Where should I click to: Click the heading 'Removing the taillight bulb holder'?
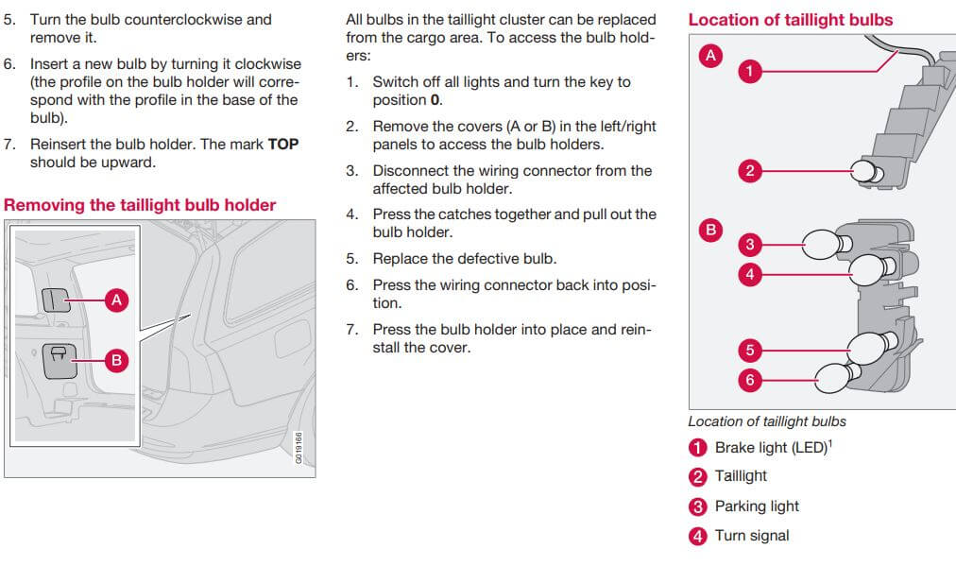[140, 205]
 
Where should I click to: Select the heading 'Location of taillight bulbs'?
[790, 20]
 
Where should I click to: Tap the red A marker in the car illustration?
[116, 300]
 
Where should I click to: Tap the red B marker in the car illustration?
[116, 360]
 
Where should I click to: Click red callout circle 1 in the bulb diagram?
[749, 71]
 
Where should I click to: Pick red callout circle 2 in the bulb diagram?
[749, 171]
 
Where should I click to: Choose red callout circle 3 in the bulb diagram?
[749, 245]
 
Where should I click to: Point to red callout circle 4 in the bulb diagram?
[749, 275]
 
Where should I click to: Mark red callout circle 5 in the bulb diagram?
[749, 351]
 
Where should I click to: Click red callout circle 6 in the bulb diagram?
[749, 380]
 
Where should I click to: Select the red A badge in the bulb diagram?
[709, 56]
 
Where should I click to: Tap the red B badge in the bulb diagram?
[709, 229]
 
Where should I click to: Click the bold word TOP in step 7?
[283, 145]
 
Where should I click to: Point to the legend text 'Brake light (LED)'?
[770, 447]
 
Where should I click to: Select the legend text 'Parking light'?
[757, 506]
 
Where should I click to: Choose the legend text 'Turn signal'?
[751, 536]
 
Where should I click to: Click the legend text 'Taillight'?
[741, 476]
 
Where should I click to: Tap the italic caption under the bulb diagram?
[767, 421]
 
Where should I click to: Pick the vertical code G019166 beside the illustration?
[299, 448]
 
